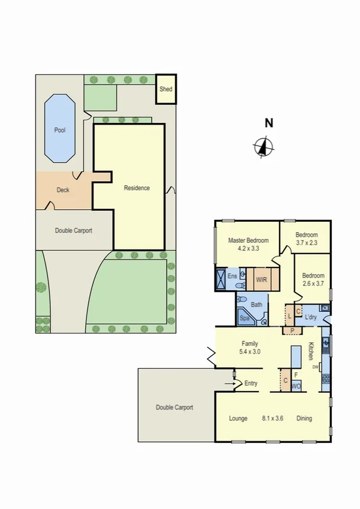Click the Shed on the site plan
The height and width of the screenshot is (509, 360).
coord(165,89)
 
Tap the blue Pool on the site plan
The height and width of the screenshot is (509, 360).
coord(60,129)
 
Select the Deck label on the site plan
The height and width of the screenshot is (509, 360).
coord(63,190)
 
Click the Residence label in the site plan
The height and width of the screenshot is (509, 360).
coord(137,188)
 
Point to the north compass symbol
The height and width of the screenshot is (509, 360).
coord(264,146)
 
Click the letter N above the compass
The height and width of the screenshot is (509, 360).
coord(269,124)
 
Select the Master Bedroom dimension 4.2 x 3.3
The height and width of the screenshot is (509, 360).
coord(248,247)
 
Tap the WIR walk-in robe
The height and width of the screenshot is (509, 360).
coord(261,279)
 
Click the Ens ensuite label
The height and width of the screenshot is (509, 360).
coord(232,277)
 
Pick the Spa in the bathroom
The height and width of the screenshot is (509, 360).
coord(244,318)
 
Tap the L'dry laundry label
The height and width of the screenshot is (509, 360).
coord(310,317)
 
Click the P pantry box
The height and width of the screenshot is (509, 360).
coord(292,330)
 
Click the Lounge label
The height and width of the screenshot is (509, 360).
coord(238,418)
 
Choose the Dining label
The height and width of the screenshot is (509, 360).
coord(304,418)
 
